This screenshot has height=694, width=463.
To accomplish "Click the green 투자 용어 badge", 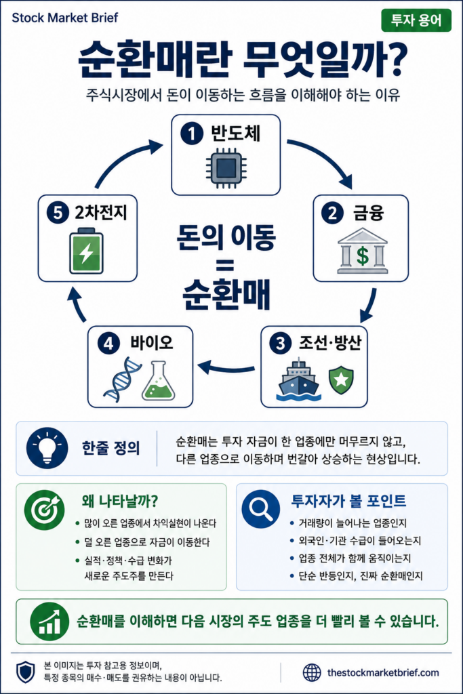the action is [x=416, y=20].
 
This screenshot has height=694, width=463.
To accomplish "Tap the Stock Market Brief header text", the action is [x=65, y=18].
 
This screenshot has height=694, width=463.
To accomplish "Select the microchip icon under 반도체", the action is [x=226, y=168].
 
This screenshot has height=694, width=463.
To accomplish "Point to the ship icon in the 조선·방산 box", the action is [x=299, y=381].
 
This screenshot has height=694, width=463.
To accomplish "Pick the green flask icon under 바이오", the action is [x=158, y=381].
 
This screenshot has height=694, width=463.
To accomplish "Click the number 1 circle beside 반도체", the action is [x=192, y=134].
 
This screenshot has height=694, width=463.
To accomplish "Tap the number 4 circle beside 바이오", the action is [x=108, y=344].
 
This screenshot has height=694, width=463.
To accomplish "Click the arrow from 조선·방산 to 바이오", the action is [x=226, y=367].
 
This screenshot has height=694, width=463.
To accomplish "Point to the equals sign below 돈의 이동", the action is [x=226, y=266].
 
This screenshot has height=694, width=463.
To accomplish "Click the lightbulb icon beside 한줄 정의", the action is [x=47, y=448].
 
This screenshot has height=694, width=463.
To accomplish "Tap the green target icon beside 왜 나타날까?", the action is [x=45, y=510].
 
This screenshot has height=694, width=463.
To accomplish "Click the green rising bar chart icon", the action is [x=49, y=621].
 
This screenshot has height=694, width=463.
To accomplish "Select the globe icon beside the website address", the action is [x=312, y=672].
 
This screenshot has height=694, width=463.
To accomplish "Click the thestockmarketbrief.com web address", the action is [x=383, y=673].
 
